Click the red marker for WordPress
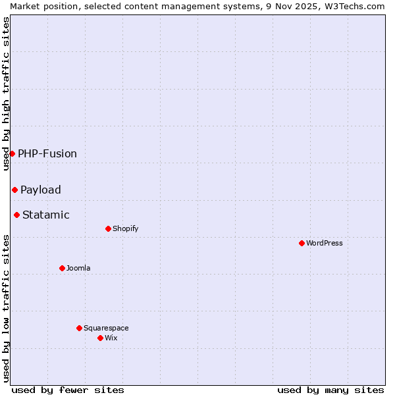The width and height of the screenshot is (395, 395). tap(302, 243)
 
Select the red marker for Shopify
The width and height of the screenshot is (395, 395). tap(108, 228)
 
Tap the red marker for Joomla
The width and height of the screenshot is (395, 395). tap(62, 268)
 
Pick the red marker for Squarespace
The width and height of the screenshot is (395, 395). tap(79, 328)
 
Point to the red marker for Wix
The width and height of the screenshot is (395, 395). tap(100, 338)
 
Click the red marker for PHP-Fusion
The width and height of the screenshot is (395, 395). tap(12, 153)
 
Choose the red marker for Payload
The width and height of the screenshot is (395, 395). tap(14, 190)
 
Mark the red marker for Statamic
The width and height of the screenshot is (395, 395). tap(16, 215)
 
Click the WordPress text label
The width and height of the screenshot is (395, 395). tap(325, 243)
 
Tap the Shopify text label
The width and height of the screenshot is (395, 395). tap(126, 228)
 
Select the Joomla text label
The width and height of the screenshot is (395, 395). tap(78, 268)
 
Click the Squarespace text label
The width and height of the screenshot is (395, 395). tap(106, 328)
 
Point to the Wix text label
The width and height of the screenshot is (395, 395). tap(111, 338)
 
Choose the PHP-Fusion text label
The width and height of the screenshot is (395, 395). tap(47, 153)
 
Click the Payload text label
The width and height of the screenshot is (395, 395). tap(41, 190)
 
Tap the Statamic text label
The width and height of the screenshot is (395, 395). tap(46, 215)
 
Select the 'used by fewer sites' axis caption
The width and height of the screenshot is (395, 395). tap(68, 390)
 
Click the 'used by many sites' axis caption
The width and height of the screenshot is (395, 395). tap(330, 390)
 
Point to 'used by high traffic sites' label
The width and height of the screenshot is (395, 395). tap(6, 93)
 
